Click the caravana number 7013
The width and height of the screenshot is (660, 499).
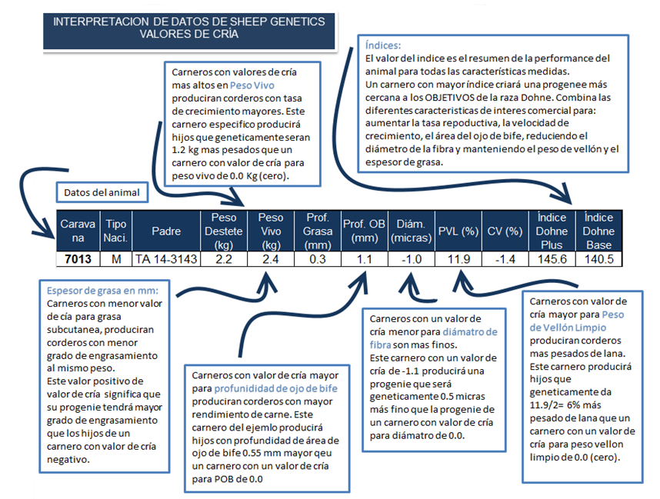pyautogui.click(x=77, y=259)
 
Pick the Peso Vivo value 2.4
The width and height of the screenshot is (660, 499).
pyautogui.click(x=271, y=259)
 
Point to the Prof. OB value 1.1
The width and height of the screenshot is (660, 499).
pyautogui.click(x=365, y=259)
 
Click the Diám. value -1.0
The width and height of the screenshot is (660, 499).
pyautogui.click(x=412, y=259)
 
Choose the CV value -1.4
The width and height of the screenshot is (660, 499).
pyautogui.click(x=505, y=259)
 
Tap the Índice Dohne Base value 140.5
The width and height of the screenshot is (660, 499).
pyautogui.click(x=599, y=259)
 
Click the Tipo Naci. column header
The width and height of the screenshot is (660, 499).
pyautogui.click(x=115, y=230)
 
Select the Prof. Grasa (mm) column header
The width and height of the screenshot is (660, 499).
pyautogui.click(x=318, y=230)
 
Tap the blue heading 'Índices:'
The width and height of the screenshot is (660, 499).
pyautogui.click(x=382, y=45)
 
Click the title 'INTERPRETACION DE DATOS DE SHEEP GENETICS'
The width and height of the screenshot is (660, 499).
pyautogui.click(x=189, y=22)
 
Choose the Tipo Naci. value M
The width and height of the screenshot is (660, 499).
pyautogui.click(x=115, y=259)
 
